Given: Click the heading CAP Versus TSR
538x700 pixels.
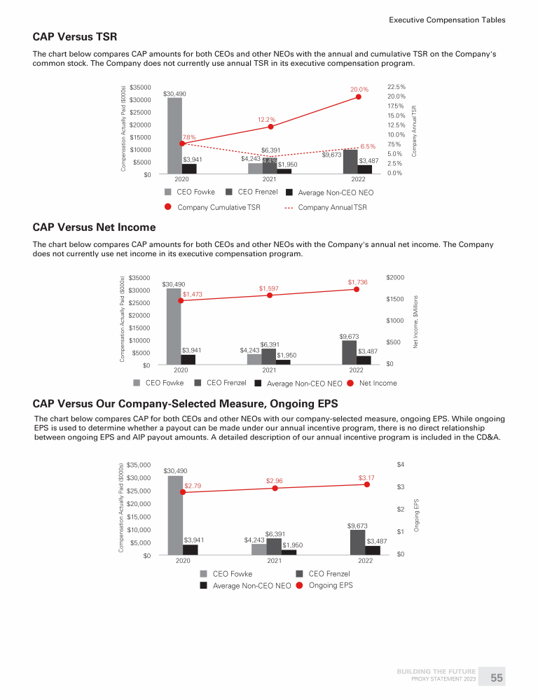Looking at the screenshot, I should (x=75, y=36).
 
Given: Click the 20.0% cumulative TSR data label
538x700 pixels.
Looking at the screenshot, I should (x=359, y=90).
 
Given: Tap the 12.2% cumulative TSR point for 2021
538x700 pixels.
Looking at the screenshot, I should (x=270, y=127).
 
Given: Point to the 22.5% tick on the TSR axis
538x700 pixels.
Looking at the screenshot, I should (x=396, y=87).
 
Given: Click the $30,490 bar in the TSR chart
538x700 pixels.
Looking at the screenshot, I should (x=174, y=136).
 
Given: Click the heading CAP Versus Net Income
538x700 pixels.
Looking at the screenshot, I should (x=94, y=227).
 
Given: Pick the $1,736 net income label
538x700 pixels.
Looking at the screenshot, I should (x=357, y=281).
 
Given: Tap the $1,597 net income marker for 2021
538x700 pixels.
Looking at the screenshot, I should (x=269, y=295).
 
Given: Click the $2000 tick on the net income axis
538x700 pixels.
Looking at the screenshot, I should (x=396, y=278).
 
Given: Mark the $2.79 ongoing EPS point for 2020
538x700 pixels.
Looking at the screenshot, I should (x=183, y=492).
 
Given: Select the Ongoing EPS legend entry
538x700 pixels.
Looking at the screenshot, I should (x=331, y=586).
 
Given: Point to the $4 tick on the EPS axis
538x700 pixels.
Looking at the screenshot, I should (x=400, y=464).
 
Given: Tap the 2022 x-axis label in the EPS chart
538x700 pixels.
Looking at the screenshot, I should (x=365, y=561).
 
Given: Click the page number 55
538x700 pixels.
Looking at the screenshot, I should (x=497, y=678).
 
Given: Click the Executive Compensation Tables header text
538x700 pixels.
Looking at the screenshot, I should (x=447, y=20).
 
